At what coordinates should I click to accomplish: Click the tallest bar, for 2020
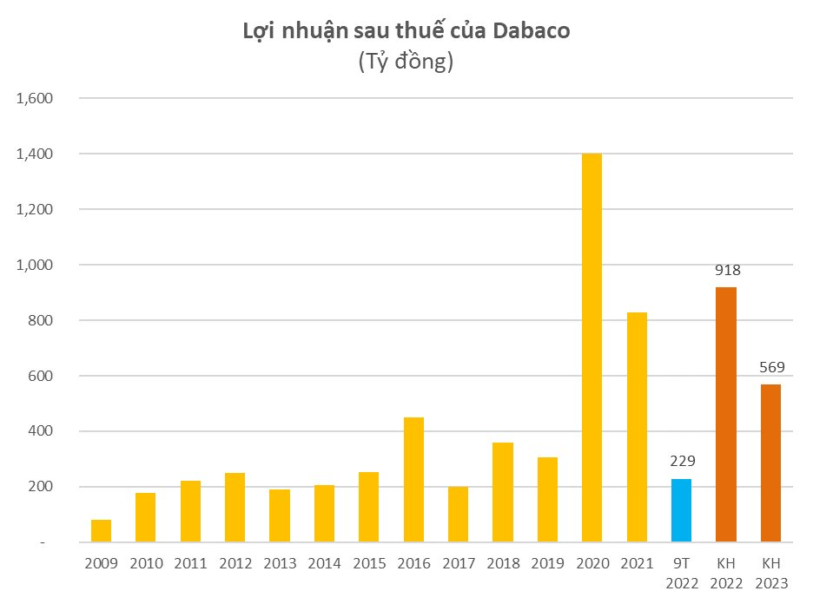click(592, 348)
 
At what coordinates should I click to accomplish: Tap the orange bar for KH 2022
click(727, 415)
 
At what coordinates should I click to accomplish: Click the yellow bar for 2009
click(102, 531)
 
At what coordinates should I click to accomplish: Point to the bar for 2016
click(413, 480)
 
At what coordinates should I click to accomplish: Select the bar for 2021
click(637, 427)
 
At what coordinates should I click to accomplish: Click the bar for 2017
click(459, 515)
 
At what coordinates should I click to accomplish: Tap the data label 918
click(727, 270)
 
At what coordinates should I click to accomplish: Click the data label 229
click(682, 461)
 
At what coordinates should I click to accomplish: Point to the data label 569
click(771, 366)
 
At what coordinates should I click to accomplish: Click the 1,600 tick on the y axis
click(36, 98)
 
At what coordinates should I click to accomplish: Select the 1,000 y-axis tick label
click(36, 265)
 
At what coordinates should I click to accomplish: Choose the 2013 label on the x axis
click(280, 563)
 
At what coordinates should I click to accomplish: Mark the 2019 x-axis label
click(547, 563)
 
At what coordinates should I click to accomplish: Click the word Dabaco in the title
click(532, 31)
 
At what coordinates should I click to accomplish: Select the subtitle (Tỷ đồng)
click(406, 62)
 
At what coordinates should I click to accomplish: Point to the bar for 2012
click(235, 508)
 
